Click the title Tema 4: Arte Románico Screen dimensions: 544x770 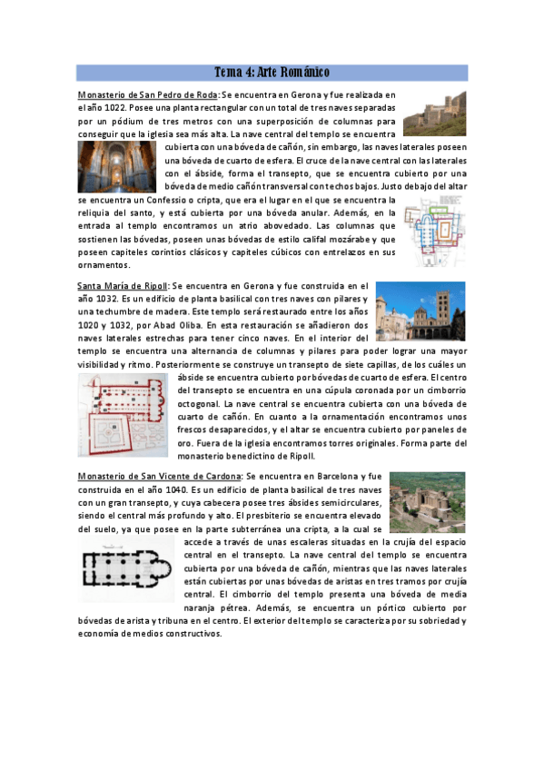tap(272, 72)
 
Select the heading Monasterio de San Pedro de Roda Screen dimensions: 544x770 tap(148, 94)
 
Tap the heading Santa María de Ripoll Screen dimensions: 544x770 tap(123, 285)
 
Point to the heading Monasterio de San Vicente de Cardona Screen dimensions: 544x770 tap(160, 476)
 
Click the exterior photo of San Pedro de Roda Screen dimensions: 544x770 tap(434, 113)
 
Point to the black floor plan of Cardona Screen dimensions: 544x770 tap(126, 568)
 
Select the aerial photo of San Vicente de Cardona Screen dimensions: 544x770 tap(426, 502)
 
